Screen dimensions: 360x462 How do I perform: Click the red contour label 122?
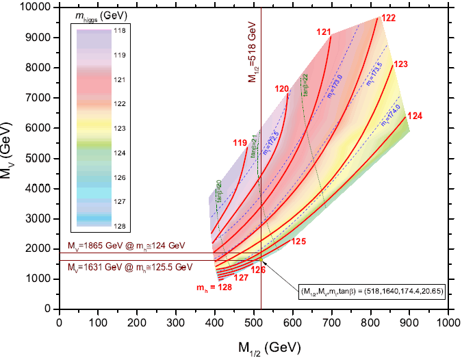tap(388, 18)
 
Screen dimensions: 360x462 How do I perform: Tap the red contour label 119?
tap(240, 143)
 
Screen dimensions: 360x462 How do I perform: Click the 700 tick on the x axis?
tap(333, 321)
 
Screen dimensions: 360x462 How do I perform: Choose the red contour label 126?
tap(258, 270)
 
